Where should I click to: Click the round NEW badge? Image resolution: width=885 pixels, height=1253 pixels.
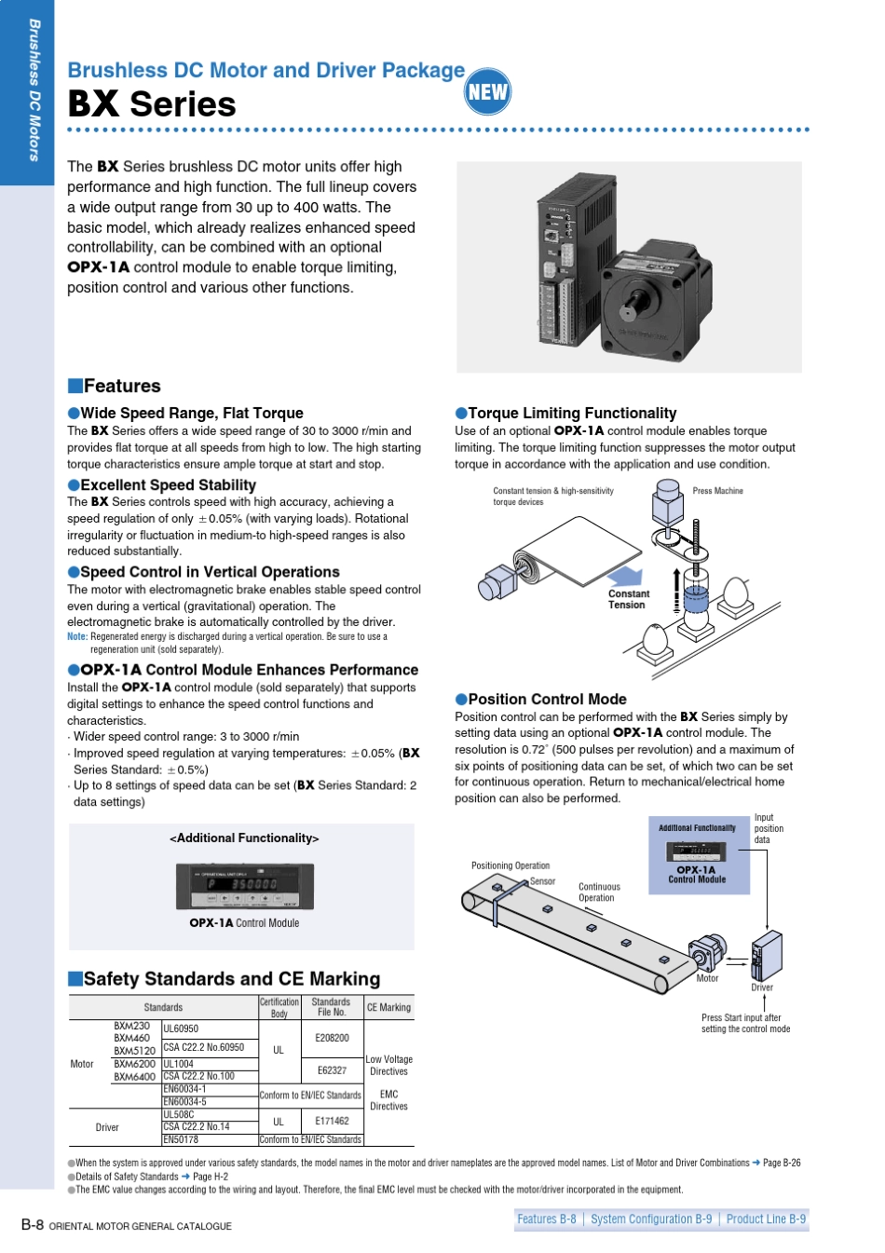pos(486,91)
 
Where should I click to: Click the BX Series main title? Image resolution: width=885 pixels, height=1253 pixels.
pos(152,104)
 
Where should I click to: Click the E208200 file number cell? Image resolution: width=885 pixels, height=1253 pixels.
pos(332,1038)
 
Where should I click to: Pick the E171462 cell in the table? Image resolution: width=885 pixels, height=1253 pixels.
pos(332,1121)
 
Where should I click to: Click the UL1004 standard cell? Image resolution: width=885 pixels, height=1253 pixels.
pos(179,1063)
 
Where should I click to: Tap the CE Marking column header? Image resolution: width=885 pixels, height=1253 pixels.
pos(388,1007)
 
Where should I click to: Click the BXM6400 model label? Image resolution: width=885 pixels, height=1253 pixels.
pos(134,1076)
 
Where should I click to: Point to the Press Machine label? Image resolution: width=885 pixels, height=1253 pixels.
pos(717,491)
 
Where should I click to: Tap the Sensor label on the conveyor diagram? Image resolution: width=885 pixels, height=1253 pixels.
pos(542,881)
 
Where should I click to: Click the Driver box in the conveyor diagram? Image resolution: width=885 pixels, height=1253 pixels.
pos(767,955)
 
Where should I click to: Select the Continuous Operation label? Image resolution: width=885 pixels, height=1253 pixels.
pos(599,892)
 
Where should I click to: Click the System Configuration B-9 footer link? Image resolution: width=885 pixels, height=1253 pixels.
pos(651,1219)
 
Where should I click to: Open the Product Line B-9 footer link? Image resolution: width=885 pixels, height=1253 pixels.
pos(766,1219)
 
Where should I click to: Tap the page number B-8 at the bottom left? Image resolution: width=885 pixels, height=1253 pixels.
pos(32,1224)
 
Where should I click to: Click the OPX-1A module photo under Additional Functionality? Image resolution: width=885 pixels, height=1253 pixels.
pos(244,887)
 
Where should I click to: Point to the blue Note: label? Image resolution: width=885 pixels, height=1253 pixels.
pos(77,636)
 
